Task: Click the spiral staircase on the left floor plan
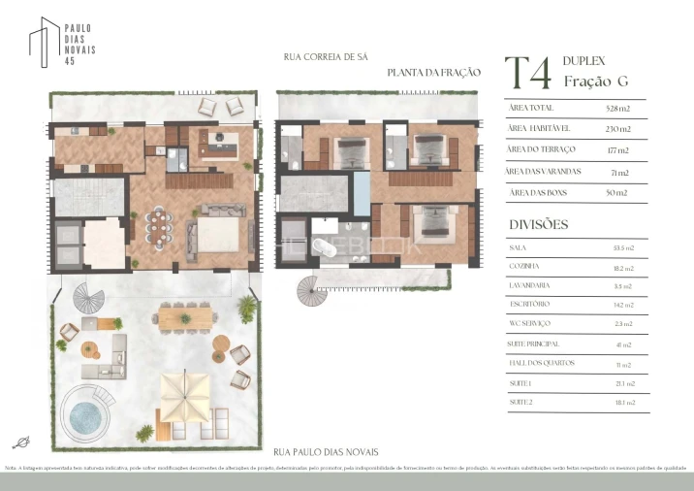[x=90, y=298]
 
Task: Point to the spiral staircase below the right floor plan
[x=315, y=286]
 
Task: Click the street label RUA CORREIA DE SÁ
[x=326, y=57]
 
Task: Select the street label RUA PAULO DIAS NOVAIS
[x=326, y=452]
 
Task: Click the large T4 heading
[x=529, y=74]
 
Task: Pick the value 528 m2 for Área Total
[x=617, y=108]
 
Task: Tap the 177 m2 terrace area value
[x=617, y=149]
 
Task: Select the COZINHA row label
[x=524, y=267]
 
